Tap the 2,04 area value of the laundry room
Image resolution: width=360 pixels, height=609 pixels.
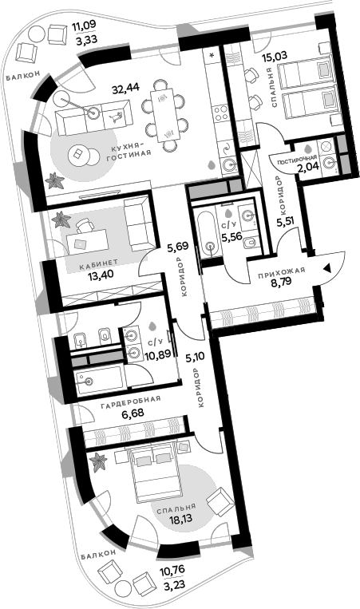coord(307,168)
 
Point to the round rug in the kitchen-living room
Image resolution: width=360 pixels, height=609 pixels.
coord(79,154)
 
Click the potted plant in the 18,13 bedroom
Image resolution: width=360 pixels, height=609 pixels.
coord(98,460)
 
